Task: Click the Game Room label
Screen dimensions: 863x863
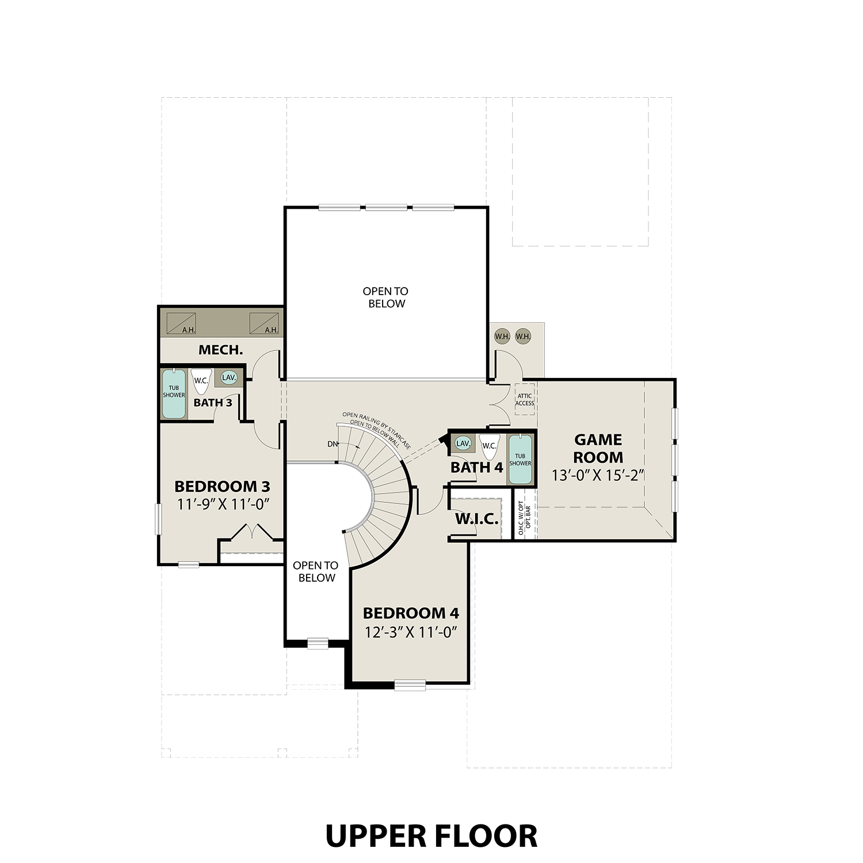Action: [598, 448]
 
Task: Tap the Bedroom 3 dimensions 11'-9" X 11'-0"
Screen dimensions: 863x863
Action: [223, 505]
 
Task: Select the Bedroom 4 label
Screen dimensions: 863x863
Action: [411, 613]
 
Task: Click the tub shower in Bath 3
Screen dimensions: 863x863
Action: [174, 394]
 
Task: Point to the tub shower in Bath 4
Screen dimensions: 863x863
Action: [520, 460]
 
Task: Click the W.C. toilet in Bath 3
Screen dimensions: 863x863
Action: [201, 381]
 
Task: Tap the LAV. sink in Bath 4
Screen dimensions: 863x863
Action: [463, 444]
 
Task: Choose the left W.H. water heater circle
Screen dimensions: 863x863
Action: [502, 336]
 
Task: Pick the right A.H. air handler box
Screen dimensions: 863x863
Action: [264, 323]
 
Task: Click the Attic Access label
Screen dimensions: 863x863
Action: [525, 399]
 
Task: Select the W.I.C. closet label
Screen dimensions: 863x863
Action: [476, 520]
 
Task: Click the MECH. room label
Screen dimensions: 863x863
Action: [221, 350]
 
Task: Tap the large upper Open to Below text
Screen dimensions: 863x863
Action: [386, 297]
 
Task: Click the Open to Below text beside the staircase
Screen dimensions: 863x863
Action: [316, 571]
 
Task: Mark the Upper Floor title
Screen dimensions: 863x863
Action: [431, 836]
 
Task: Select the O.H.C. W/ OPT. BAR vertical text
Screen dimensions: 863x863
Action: [524, 518]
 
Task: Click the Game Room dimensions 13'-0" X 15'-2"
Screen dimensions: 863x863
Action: [597, 476]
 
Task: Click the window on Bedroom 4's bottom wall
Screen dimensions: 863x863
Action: [410, 685]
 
